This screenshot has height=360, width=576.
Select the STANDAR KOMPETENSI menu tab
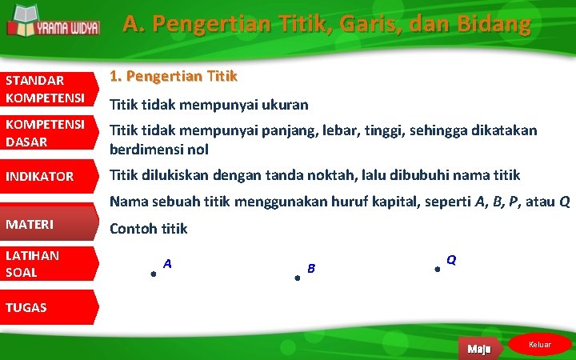tap(46, 89)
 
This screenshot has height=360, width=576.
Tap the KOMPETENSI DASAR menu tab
tap(46, 134)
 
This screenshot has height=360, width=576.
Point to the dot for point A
tap(152, 274)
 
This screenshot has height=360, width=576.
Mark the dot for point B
tap(296, 278)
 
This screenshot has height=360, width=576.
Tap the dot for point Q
tap(437, 270)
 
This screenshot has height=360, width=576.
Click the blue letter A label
tap(167, 263)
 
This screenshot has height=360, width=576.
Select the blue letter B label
tap(311, 267)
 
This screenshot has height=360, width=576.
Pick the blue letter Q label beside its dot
tap(451, 260)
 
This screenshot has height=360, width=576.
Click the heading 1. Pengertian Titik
tap(174, 77)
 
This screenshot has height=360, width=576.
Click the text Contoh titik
tap(148, 229)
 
